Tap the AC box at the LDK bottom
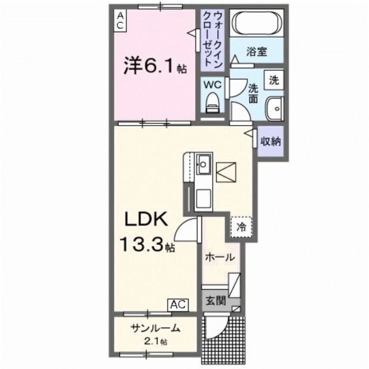[x=178, y=304]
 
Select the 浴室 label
[x=257, y=52]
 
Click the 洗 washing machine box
[x=274, y=80]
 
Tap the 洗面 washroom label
[x=254, y=93]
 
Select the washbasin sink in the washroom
[x=274, y=107]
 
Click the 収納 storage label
[x=269, y=141]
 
